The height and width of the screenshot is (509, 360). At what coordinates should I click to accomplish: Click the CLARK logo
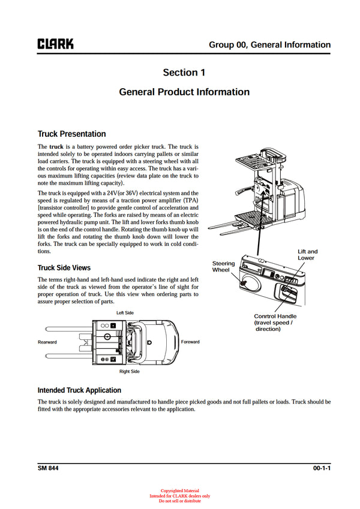(x=55, y=44)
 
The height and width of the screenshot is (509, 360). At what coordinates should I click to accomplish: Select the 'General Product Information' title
(x=184, y=92)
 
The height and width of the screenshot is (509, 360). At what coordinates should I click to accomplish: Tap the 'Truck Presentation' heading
(x=71, y=134)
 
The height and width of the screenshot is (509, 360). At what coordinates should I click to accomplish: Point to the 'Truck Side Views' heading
(x=64, y=267)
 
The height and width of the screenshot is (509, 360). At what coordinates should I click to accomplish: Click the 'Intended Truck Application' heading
(x=79, y=390)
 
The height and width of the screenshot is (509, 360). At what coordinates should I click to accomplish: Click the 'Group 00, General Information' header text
(x=269, y=45)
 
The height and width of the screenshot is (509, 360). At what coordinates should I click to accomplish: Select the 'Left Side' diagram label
(x=125, y=313)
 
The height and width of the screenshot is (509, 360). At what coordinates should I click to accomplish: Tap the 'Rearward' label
(x=47, y=342)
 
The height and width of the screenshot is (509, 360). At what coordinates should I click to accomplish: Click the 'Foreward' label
(x=190, y=342)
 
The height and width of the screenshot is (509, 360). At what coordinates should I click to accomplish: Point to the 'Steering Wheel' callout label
(x=224, y=267)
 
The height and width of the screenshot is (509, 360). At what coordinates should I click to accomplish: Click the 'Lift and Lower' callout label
(x=308, y=254)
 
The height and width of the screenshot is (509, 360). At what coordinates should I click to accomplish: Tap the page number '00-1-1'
(x=321, y=468)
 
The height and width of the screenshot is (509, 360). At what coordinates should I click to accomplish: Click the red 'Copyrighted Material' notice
(x=179, y=491)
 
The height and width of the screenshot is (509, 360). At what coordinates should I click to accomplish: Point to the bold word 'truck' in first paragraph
(x=56, y=146)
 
